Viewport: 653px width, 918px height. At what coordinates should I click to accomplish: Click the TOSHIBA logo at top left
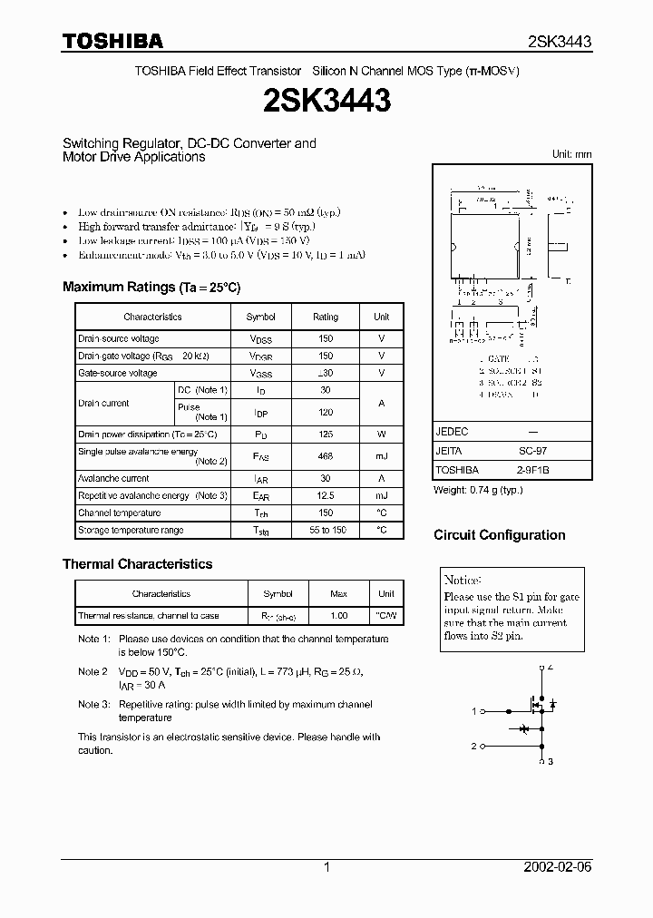pos(112,41)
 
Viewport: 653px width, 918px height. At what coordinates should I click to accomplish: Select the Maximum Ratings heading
pos(151,287)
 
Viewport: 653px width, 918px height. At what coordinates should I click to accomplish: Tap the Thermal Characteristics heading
pos(137,563)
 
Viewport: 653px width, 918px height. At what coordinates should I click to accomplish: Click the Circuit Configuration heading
pos(499,534)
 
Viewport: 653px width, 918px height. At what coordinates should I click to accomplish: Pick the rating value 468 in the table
pos(325,456)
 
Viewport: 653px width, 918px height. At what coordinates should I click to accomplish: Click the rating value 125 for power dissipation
pos(325,435)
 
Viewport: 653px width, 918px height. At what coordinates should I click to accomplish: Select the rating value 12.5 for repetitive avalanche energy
pos(325,496)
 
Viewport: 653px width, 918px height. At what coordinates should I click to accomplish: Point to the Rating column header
pos(325,317)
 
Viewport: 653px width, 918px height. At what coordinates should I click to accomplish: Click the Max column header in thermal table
pos(338,594)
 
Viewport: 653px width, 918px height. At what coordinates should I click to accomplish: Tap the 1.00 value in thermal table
pos(338,616)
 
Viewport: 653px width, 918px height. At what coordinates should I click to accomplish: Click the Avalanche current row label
pos(113,478)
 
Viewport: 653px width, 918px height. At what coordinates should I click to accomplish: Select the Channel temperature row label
pos(119,513)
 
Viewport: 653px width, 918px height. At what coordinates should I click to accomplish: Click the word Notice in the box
pos(463,581)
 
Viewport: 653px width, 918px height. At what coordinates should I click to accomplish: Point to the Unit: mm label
pos(571,154)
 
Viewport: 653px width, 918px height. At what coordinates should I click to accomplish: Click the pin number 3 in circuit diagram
pos(550,762)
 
